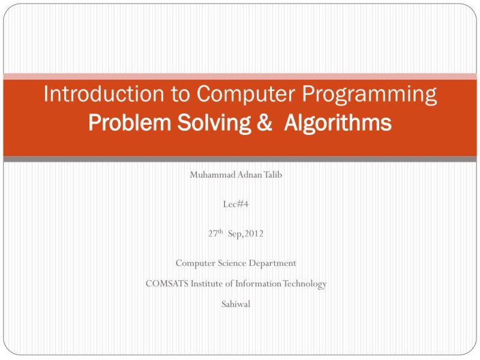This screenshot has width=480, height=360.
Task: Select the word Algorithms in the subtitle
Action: (x=338, y=123)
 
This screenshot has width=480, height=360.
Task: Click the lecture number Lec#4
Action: (x=236, y=204)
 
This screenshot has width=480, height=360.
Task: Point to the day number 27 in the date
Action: (x=212, y=234)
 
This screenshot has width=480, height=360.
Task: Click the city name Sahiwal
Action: (x=236, y=304)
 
